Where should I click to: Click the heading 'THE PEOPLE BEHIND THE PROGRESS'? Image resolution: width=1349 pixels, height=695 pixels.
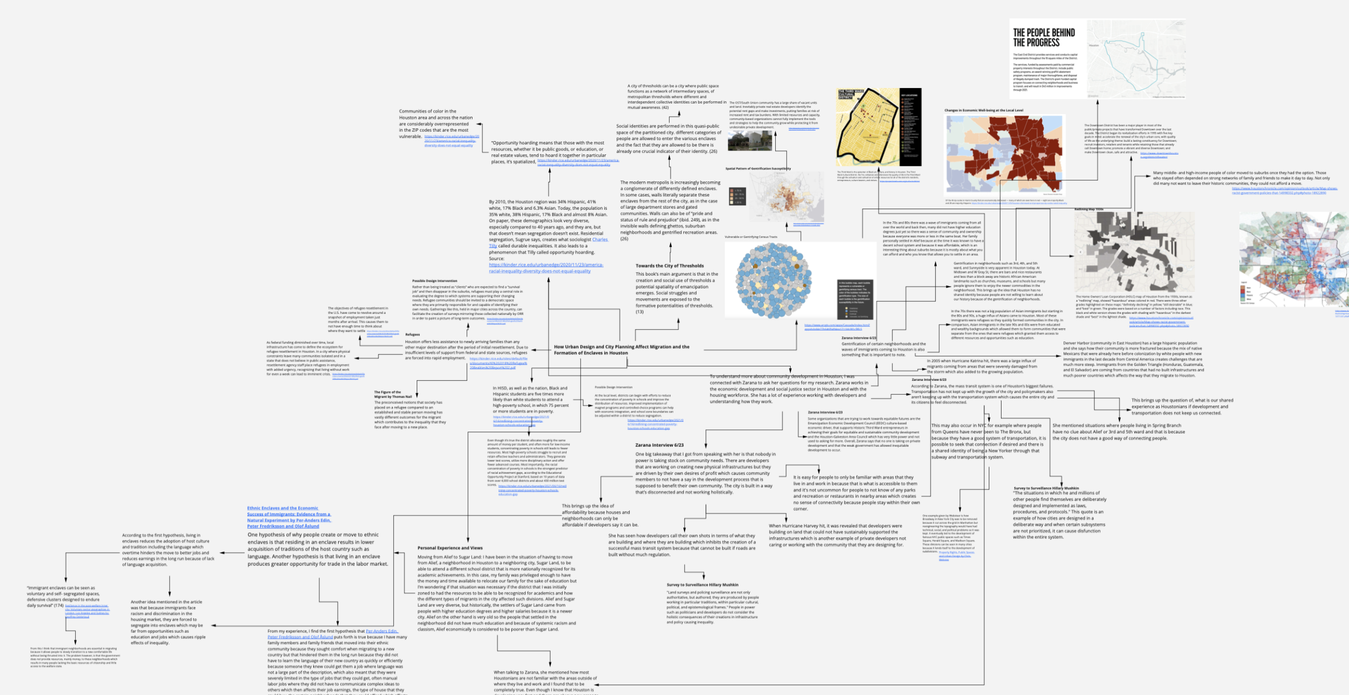(1044, 38)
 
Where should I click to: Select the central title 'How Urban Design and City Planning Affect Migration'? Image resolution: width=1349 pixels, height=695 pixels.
(621, 350)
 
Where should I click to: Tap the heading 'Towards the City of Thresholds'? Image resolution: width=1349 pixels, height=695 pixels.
(670, 266)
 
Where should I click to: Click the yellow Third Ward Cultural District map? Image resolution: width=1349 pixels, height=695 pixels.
(868, 127)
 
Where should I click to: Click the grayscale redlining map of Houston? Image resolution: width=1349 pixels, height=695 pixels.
(1134, 252)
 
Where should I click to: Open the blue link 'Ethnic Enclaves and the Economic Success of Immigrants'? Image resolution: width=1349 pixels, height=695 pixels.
(289, 517)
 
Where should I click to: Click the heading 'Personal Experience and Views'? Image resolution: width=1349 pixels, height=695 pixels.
(450, 548)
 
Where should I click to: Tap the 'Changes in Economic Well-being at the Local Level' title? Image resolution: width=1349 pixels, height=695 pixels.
(983, 111)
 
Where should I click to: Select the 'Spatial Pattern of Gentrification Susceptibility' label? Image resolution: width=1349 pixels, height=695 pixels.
(757, 169)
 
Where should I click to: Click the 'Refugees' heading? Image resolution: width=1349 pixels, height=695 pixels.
(412, 335)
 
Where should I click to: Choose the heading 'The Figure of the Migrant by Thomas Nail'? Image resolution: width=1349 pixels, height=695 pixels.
(393, 395)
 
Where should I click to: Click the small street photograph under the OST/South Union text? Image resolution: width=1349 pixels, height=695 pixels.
(749, 141)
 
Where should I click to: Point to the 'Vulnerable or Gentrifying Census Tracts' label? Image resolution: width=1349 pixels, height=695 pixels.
(750, 237)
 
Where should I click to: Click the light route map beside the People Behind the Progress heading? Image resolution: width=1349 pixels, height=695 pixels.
(1135, 59)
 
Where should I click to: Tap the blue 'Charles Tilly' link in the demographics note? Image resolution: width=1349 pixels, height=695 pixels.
(600, 240)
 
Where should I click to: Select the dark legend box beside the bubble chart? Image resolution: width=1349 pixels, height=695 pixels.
(855, 299)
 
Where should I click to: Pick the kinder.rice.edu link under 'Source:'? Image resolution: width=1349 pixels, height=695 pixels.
(546, 268)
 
